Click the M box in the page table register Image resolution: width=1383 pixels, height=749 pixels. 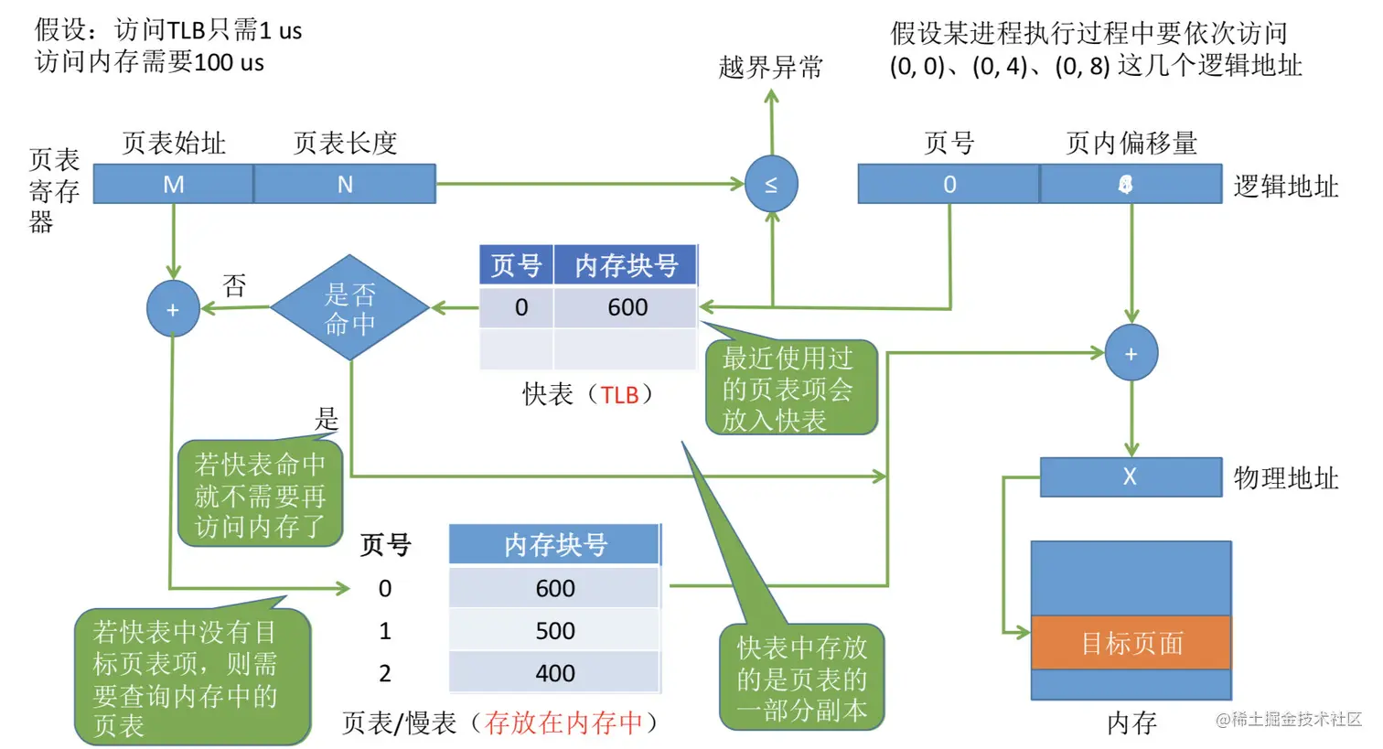(x=173, y=184)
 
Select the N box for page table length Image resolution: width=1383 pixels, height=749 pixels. (x=345, y=184)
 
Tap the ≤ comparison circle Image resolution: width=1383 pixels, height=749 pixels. (x=771, y=184)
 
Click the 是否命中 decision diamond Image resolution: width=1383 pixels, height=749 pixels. (x=349, y=308)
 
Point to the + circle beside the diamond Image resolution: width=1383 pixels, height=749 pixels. (x=173, y=309)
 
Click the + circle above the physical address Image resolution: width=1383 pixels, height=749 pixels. (x=1131, y=353)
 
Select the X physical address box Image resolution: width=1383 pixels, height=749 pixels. (x=1130, y=476)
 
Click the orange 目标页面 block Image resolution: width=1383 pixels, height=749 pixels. (x=1131, y=643)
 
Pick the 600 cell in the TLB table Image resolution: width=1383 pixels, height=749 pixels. (x=627, y=307)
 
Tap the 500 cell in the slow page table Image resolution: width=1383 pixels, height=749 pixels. (x=554, y=631)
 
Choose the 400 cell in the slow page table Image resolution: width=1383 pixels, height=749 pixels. (x=554, y=673)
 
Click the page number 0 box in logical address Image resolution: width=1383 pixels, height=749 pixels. (x=949, y=184)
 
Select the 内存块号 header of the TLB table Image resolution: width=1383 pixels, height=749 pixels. (x=626, y=265)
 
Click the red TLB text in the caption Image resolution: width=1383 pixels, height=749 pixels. (x=619, y=395)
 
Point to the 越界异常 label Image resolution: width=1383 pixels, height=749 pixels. (x=770, y=67)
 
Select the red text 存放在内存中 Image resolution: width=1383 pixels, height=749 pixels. (x=563, y=722)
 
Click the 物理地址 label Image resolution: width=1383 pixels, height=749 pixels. (x=1285, y=477)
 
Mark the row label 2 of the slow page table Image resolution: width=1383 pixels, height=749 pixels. (x=385, y=673)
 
